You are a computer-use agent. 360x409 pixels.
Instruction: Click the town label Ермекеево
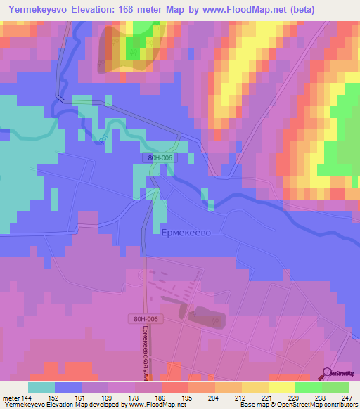pyautogui.click(x=186, y=232)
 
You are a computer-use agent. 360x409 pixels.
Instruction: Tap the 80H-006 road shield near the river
pyautogui.click(x=161, y=158)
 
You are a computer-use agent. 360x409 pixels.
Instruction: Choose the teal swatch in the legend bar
pyautogui.click(x=41, y=387)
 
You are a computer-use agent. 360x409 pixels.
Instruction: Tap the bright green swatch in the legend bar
pyautogui.click(x=309, y=387)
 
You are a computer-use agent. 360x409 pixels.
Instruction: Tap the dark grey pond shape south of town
pyautogui.click(x=205, y=318)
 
